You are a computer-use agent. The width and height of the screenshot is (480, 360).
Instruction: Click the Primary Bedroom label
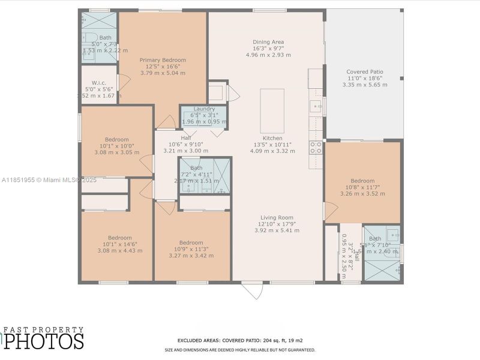[x=163, y=60]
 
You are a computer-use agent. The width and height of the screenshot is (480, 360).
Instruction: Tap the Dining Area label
[x=268, y=42]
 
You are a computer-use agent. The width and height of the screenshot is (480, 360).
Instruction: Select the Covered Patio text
[x=365, y=72]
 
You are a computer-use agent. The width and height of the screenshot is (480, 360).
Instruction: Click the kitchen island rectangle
[x=272, y=110]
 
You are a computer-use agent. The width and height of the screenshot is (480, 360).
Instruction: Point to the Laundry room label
[x=204, y=109]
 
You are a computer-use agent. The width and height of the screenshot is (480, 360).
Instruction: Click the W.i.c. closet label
[x=99, y=83]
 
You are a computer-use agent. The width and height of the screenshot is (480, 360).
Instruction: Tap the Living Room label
[x=277, y=217]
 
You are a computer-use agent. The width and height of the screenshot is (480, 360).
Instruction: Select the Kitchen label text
[x=272, y=138]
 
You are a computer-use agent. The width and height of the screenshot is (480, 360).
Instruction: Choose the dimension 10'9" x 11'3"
[x=191, y=249]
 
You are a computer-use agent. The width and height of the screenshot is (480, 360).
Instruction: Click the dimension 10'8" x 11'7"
[x=362, y=187]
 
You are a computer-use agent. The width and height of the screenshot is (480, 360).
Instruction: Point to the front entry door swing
[x=253, y=290]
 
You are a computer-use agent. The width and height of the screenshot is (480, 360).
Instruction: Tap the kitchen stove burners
[x=316, y=148]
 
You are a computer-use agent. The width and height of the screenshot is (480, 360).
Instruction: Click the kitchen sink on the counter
[x=316, y=107]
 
